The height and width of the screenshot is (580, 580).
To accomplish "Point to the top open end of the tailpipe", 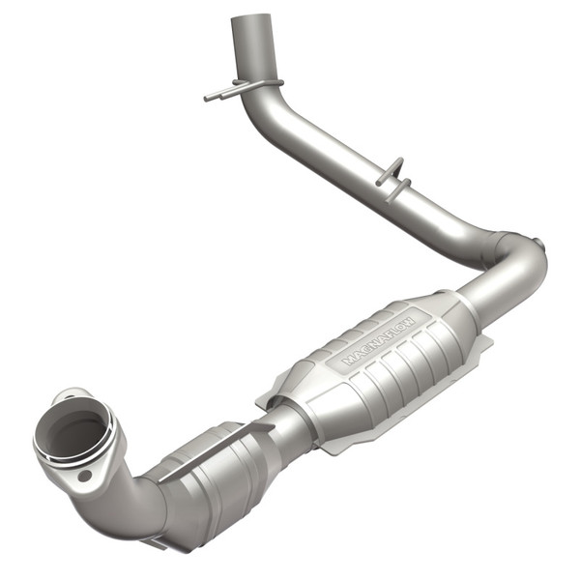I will [251, 21].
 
